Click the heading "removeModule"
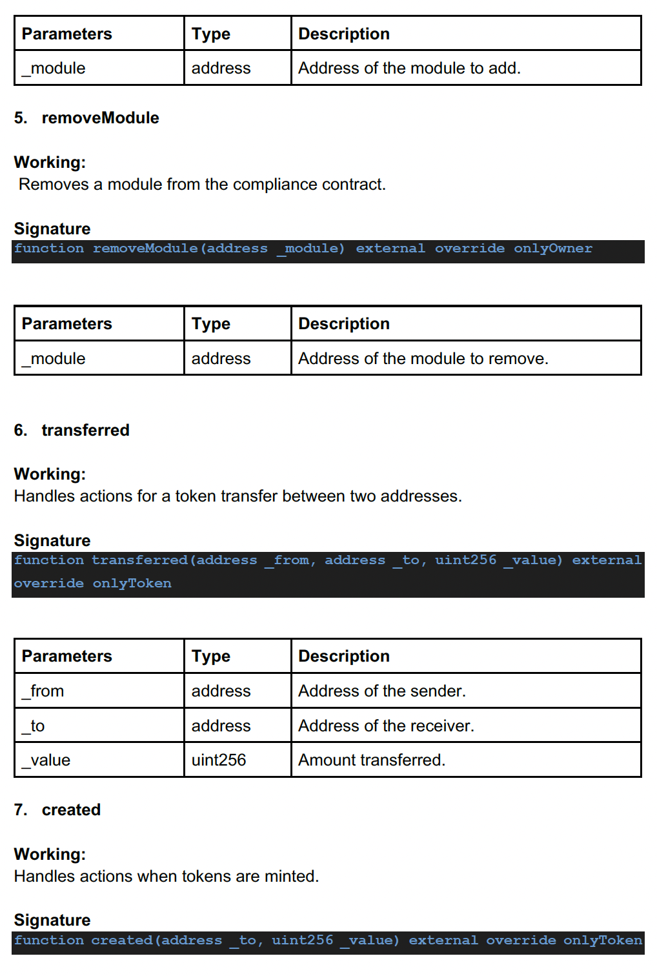click(100, 118)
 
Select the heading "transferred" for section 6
click(85, 431)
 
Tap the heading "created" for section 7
click(71, 810)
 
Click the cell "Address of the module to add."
click(409, 68)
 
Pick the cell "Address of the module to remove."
click(423, 359)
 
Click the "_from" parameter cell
click(43, 691)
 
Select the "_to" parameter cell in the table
click(34, 726)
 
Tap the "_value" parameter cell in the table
click(46, 760)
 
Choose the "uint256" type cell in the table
click(219, 760)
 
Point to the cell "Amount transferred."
click(372, 760)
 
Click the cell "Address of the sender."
click(381, 691)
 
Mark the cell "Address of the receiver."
click(386, 726)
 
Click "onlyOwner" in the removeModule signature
click(552, 249)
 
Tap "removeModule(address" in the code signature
click(180, 249)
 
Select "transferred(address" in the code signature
click(174, 560)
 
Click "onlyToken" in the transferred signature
click(132, 584)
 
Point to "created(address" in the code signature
click(156, 940)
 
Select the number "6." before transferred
click(21, 431)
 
